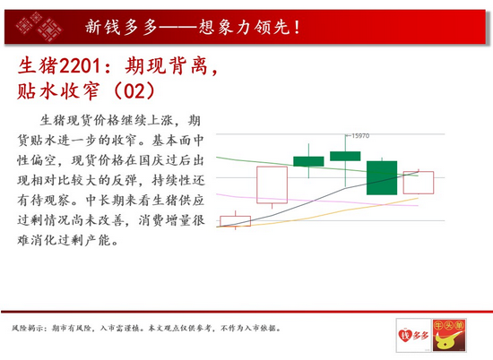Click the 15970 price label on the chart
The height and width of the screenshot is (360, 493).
point(360,136)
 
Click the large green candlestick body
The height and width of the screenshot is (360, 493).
point(382,178)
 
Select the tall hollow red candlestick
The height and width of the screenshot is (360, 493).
point(272,184)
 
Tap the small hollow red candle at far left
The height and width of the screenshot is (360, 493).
point(235,221)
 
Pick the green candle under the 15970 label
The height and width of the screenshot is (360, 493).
point(345,156)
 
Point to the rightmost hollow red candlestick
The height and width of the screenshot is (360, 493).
point(419,183)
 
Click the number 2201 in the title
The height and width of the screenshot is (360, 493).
point(80,66)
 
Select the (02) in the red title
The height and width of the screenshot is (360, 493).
point(134,91)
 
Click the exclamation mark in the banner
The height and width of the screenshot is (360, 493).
point(297,27)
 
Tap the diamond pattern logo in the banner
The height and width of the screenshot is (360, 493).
point(39,27)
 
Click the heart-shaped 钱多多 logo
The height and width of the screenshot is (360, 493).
point(413,335)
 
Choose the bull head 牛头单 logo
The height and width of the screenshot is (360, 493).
point(449,335)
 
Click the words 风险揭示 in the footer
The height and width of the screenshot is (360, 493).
point(29,329)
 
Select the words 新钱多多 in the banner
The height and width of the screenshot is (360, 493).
point(121,27)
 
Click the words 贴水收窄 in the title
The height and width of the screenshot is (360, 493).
point(58,91)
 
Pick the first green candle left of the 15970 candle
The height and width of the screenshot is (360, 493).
point(308,161)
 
